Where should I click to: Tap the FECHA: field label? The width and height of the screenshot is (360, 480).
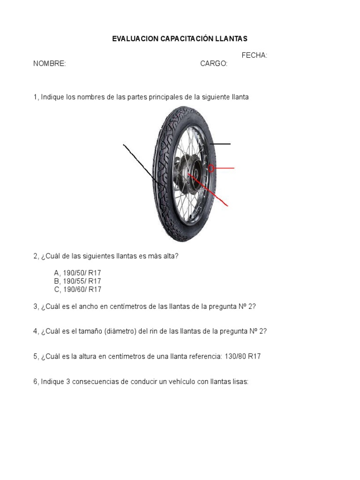click(x=255, y=55)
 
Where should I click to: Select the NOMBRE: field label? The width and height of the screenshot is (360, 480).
click(x=49, y=64)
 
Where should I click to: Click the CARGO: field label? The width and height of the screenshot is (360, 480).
click(x=214, y=64)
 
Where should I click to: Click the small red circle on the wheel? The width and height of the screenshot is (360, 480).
click(x=211, y=168)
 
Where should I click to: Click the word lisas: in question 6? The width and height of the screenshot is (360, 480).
click(x=238, y=382)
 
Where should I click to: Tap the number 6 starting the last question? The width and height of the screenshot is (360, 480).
click(x=35, y=382)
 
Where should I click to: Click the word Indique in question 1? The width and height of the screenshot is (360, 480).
click(x=52, y=97)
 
